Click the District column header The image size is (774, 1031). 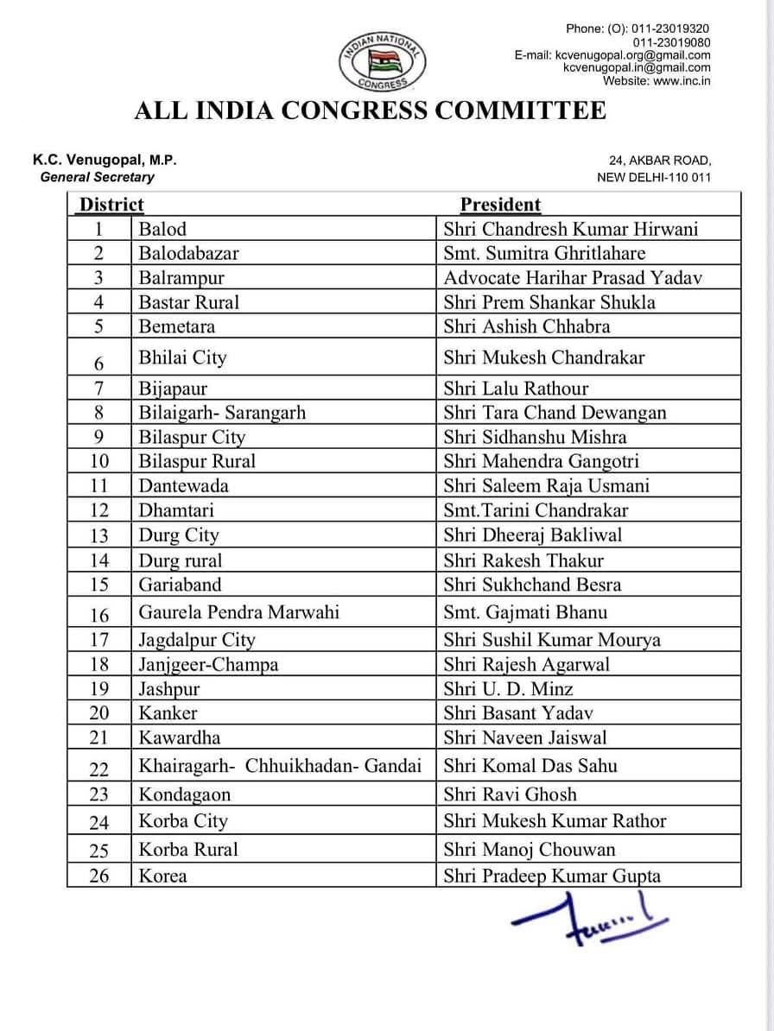coord(111,205)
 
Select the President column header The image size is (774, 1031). coord(500,205)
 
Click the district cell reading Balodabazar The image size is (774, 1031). coord(188,253)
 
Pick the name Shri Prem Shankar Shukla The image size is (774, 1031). coord(549,302)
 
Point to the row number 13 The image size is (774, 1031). coord(99,536)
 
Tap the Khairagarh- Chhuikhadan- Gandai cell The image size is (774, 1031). coord(280,766)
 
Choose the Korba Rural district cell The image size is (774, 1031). coord(188,849)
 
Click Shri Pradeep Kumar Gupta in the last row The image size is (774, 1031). coord(552,876)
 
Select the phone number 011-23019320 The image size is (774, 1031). coord(671,28)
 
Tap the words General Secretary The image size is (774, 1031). coord(97,177)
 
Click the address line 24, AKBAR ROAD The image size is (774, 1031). coord(660,161)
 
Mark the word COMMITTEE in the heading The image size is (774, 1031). coord(536,111)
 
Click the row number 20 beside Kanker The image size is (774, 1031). coord(99,713)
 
